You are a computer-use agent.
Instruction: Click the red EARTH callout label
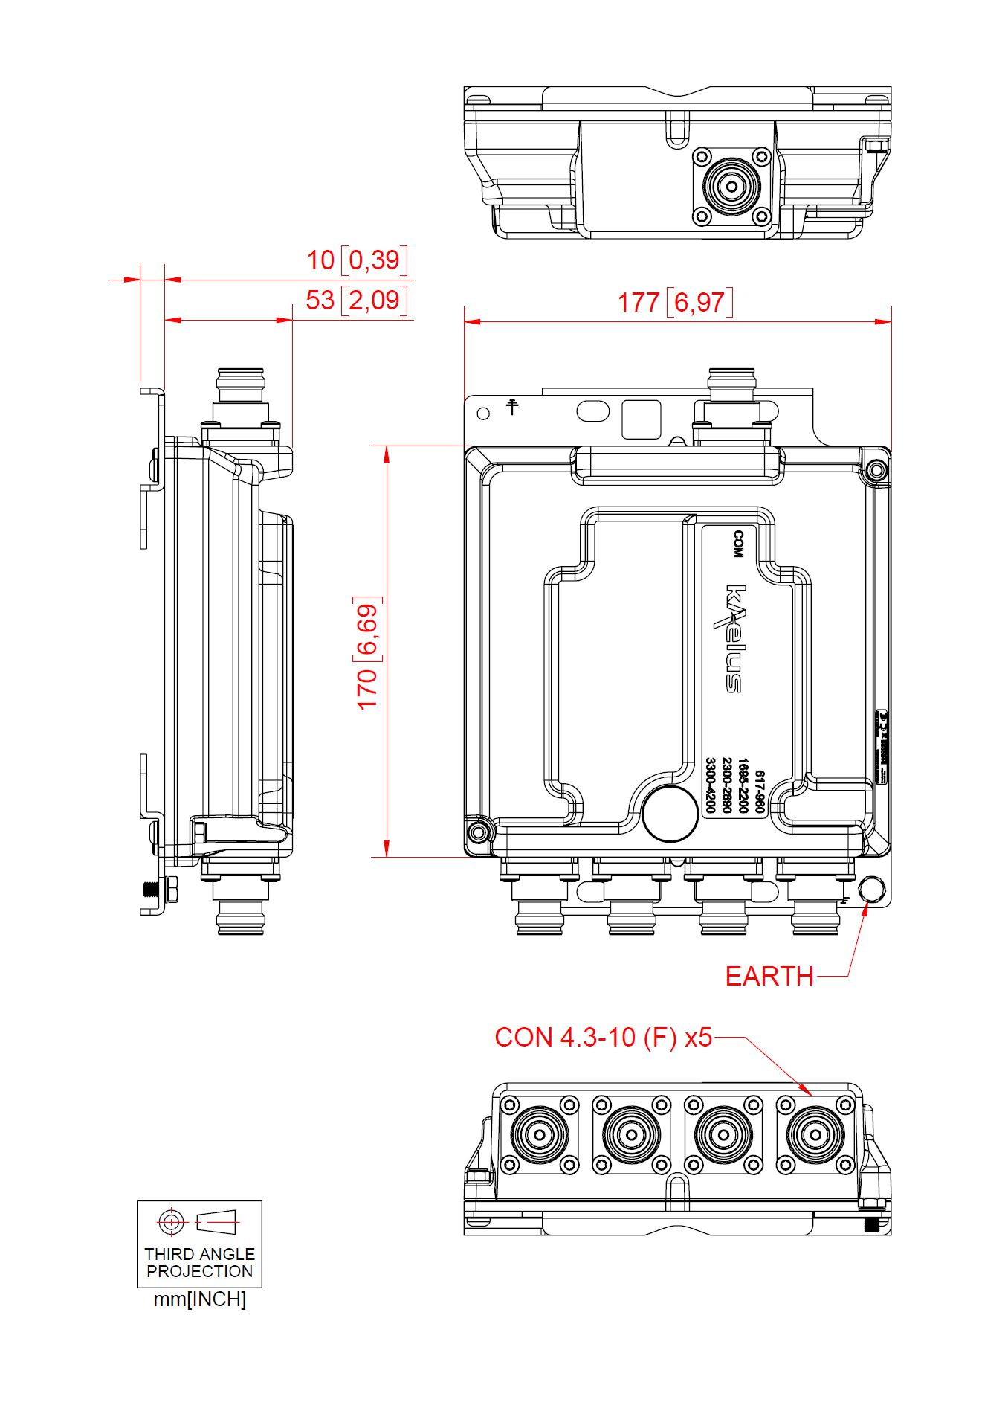pos(769,976)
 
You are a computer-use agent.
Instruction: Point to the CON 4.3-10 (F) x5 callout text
pos(603,1037)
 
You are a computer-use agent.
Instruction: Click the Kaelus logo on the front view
pos(734,638)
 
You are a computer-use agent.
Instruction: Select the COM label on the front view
pos(738,544)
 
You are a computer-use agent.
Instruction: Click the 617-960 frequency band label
pos(760,791)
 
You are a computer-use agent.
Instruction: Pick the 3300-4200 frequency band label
pos(710,785)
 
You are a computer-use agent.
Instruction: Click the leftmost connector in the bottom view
pos(540,1134)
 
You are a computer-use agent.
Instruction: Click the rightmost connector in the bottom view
pos(815,1134)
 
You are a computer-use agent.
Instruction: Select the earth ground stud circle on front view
pos(871,890)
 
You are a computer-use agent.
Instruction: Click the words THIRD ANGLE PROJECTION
pos(199,1263)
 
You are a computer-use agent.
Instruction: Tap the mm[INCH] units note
pos(199,1299)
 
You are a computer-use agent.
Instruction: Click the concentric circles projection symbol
pos(171,1221)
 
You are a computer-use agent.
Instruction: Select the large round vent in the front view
pos(670,814)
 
